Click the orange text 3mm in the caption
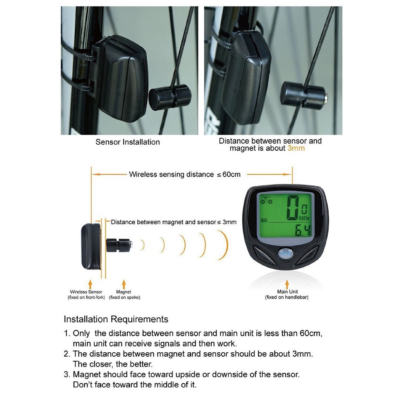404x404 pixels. [x=296, y=148]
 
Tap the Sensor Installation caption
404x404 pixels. [x=128, y=142]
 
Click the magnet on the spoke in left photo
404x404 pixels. [x=170, y=97]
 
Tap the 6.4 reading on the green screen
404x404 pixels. [x=302, y=231]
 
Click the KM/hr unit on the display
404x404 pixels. [x=305, y=218]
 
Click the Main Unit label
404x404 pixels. [x=287, y=292]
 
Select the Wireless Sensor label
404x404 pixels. [x=86, y=292]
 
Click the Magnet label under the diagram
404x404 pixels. [x=124, y=292]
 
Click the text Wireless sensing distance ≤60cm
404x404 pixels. [x=185, y=175]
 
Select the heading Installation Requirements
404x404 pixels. [x=116, y=319]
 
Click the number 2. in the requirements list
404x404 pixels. [x=67, y=354]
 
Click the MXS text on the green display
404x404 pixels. [x=265, y=221]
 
